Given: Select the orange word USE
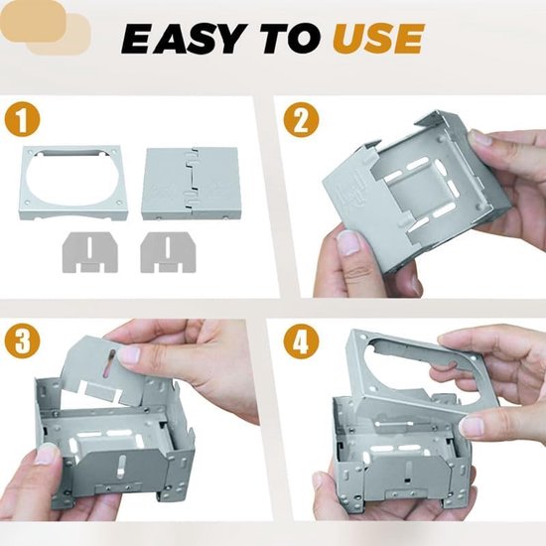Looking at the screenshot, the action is (378, 39).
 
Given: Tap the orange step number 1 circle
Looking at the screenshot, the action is (22, 120).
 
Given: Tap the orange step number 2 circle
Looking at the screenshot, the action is (301, 120).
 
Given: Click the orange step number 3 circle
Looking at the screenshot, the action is (22, 341).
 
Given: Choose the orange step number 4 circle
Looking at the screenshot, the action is (301, 341).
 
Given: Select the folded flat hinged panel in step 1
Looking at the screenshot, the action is (191, 184).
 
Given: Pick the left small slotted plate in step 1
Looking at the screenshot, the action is (90, 252).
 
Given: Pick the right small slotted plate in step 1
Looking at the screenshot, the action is (168, 252).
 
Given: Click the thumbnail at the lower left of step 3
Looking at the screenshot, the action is (46, 455).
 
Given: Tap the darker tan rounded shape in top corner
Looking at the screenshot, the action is (32, 22).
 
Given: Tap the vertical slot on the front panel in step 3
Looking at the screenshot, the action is (121, 467).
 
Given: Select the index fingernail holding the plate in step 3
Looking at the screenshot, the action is (129, 354).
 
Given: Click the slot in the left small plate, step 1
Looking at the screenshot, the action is (90, 246).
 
